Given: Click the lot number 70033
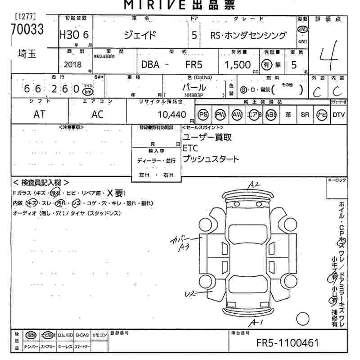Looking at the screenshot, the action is pyautogui.click(x=27, y=30).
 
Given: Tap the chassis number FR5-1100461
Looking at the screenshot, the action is pyautogui.click(x=288, y=343).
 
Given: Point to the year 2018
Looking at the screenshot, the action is pyautogui.click(x=72, y=64).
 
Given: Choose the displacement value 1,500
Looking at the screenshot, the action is pyautogui.click(x=238, y=65).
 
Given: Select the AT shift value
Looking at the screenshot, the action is pyautogui.click(x=39, y=114).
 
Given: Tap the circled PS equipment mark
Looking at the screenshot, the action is pyautogui.click(x=203, y=114).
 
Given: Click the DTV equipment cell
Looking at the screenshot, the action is pyautogui.click(x=338, y=114).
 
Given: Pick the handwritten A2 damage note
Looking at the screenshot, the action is pyautogui.click(x=255, y=184).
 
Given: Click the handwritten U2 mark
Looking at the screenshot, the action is pyautogui.click(x=191, y=294).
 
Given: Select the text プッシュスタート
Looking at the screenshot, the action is pyautogui.click(x=211, y=159).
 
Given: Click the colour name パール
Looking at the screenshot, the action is pyautogui.click(x=194, y=87).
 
